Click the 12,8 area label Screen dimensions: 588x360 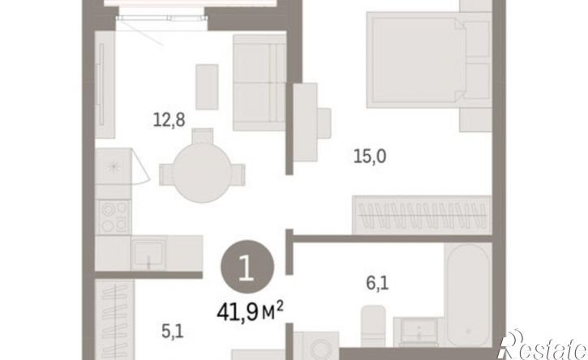pos(170,120)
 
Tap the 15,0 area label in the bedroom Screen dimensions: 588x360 pos(370,156)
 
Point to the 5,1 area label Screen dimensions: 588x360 pos(173,331)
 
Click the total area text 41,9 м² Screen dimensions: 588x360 pos(250,312)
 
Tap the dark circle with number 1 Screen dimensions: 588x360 pos(247,267)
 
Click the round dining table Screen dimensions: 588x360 pos(202,173)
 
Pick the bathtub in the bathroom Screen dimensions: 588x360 pos(468,295)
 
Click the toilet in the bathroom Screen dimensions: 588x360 pos(373,325)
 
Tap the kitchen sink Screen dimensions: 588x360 pos(148,252)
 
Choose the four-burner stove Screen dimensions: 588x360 pos(114,217)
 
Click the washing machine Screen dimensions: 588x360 pos(316,345)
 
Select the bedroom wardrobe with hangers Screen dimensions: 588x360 pos(422,215)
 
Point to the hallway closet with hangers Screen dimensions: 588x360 pos(114,319)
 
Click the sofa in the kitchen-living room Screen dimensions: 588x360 pos(259,83)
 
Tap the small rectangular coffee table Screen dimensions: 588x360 pos(207,87)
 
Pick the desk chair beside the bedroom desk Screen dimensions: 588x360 pos(324,123)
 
